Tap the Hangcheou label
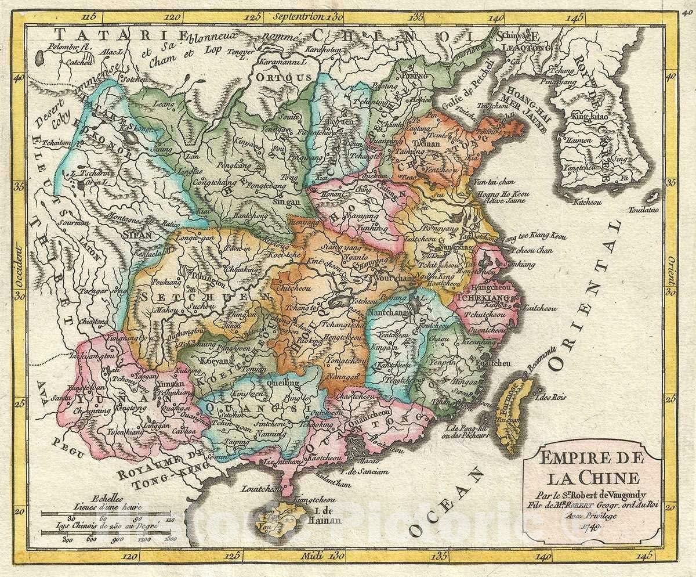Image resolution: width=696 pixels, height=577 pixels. (x=491, y=288)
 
